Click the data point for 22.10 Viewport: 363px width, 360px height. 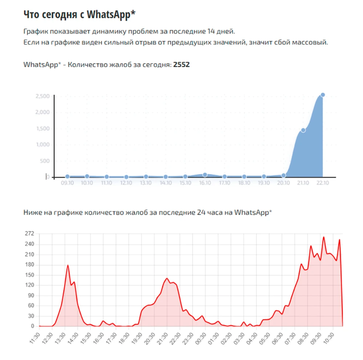[x=323, y=95]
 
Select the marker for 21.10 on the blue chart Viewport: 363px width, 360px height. [x=303, y=130]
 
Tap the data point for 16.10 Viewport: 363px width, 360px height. [x=205, y=175]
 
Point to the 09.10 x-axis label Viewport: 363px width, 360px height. [x=68, y=183]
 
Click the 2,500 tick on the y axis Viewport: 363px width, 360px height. [x=42, y=96]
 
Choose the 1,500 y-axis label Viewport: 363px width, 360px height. [x=42, y=129]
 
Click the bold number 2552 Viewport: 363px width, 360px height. [x=181, y=65]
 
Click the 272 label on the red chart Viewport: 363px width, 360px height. [x=29, y=234]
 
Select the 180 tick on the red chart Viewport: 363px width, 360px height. [x=29, y=264]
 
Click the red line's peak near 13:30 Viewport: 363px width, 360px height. [x=68, y=265]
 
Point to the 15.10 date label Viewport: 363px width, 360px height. [x=185, y=183]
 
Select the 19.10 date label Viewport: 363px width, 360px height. [x=264, y=183]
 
